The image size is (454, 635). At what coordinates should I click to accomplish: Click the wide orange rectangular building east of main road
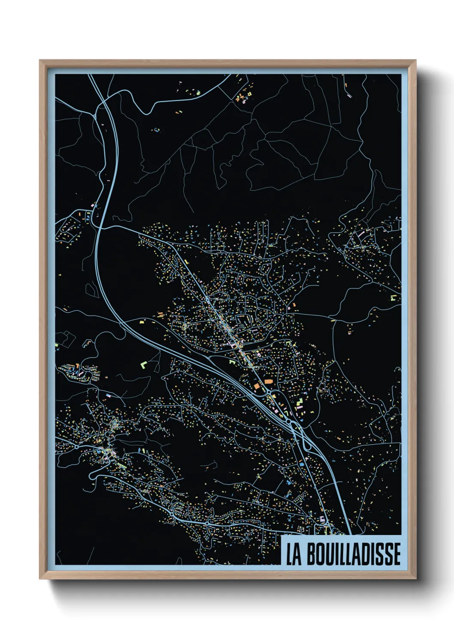pyautogui.click(x=269, y=381)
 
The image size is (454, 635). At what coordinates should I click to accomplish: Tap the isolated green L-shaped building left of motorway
pyautogui.click(x=143, y=365)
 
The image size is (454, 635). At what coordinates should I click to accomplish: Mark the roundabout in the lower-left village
pyautogui.click(x=76, y=447)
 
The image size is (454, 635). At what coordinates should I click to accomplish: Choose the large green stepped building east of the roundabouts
pyautogui.click(x=299, y=403)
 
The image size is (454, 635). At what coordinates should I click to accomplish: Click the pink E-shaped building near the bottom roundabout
pyautogui.click(x=322, y=520)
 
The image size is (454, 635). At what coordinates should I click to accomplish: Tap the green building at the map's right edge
pyautogui.click(x=393, y=297)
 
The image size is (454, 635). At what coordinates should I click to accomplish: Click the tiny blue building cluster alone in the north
pyautogui.click(x=156, y=130)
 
